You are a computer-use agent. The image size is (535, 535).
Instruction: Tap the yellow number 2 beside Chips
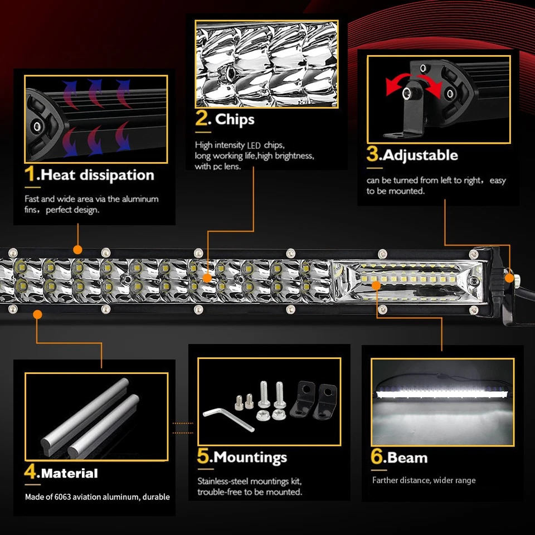tap(202, 119)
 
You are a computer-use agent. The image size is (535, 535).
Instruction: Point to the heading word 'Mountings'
tap(250, 458)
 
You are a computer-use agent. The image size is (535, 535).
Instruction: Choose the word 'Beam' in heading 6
tap(408, 458)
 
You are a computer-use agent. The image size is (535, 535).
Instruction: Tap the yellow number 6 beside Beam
tap(377, 456)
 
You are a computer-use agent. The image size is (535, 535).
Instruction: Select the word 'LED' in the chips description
tap(254, 145)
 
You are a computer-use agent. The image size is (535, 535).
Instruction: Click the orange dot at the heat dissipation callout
tap(77, 250)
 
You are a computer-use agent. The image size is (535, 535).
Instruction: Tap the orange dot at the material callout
tap(37, 314)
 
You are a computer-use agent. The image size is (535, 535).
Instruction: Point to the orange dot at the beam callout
tap(377, 285)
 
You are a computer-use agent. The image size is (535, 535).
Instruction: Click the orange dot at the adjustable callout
tap(509, 277)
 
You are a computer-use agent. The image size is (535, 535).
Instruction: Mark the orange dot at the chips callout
tap(207, 277)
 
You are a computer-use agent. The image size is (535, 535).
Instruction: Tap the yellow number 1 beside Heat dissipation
tap(30, 174)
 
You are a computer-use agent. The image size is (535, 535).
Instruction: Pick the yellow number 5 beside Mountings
tap(203, 456)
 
